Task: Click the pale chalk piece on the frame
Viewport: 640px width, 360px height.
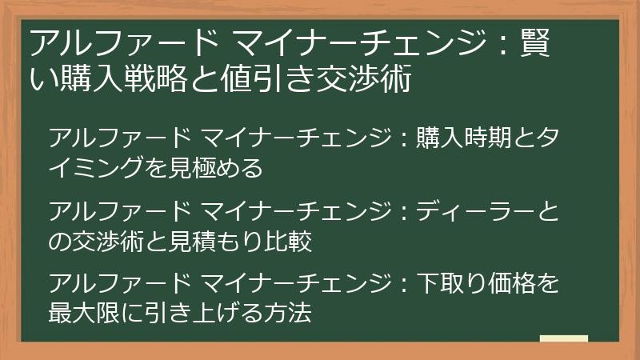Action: pos(563,338)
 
